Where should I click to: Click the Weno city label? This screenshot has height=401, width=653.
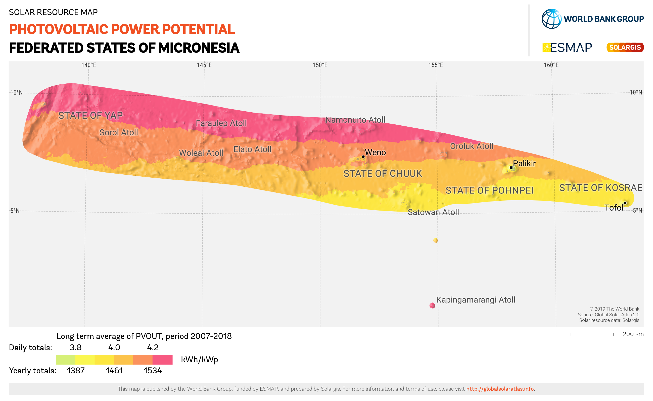(375, 153)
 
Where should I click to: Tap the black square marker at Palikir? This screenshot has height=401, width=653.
(511, 168)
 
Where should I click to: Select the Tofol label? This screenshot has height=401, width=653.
(614, 208)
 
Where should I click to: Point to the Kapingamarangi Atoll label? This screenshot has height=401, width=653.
(476, 300)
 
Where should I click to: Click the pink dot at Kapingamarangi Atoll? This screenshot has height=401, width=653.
(432, 306)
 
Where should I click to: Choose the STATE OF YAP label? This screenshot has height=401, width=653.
(90, 115)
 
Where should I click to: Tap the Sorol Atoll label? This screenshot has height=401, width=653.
(119, 132)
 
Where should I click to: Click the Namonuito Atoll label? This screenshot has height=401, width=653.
(355, 120)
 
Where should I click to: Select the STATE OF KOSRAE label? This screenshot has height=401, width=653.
(600, 188)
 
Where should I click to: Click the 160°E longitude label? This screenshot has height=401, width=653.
(551, 65)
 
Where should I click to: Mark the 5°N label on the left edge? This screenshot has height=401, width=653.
(15, 211)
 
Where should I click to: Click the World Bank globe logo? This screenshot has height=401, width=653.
(551, 19)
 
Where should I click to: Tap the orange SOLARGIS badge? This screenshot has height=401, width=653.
(625, 47)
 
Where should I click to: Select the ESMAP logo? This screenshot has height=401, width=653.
(567, 47)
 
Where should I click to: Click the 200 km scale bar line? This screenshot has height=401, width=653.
(592, 335)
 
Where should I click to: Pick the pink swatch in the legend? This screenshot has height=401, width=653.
(162, 360)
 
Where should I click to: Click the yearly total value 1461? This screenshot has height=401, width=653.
(114, 371)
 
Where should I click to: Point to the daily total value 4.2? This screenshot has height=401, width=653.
(153, 347)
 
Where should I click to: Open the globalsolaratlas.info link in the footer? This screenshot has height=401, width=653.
(500, 389)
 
